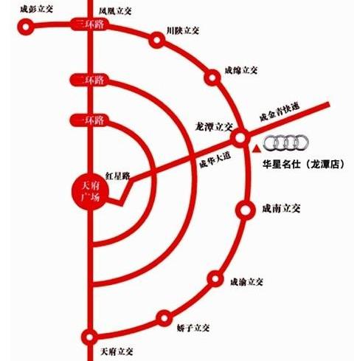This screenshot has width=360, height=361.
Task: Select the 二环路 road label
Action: (x=88, y=79)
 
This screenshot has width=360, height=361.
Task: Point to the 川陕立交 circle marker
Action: (x=156, y=40)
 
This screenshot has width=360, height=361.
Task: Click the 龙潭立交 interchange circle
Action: (x=240, y=137)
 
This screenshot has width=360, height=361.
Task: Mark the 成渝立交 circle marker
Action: (x=215, y=279)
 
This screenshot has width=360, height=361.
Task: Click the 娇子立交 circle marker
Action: (x=164, y=318)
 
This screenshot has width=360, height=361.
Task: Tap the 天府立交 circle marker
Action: (x=91, y=337)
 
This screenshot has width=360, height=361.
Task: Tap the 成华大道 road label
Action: (x=215, y=157)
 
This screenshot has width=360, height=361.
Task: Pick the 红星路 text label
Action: (x=117, y=176)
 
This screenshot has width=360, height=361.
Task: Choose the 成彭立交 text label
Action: (x=38, y=10)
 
